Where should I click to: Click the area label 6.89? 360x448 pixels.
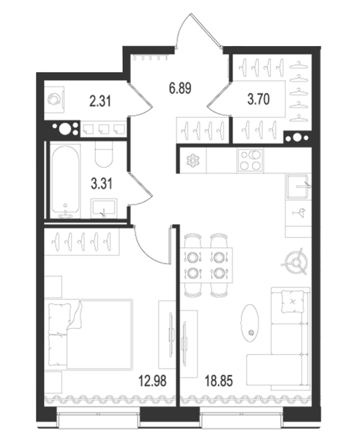[x=180, y=88]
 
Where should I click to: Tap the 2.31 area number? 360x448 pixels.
[x=100, y=101]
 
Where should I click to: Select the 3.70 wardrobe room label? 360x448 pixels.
[x=258, y=99]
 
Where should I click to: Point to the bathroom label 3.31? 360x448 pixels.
[x=102, y=184]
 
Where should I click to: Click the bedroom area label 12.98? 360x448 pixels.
[x=152, y=381]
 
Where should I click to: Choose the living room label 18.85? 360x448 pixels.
[x=219, y=381]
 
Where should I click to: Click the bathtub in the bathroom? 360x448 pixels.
[x=66, y=181]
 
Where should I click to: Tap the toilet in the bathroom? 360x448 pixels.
[x=104, y=154]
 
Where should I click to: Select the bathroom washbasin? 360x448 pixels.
[x=104, y=208]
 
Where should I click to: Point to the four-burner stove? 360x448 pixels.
[x=251, y=160]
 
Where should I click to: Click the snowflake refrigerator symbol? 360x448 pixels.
[x=192, y=160]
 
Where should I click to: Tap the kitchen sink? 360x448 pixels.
[x=299, y=186]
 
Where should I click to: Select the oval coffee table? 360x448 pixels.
[x=250, y=323]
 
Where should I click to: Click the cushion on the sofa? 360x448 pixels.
[x=292, y=301]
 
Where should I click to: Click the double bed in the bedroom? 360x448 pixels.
[x=91, y=335]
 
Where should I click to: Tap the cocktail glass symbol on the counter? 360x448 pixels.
[x=299, y=213]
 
